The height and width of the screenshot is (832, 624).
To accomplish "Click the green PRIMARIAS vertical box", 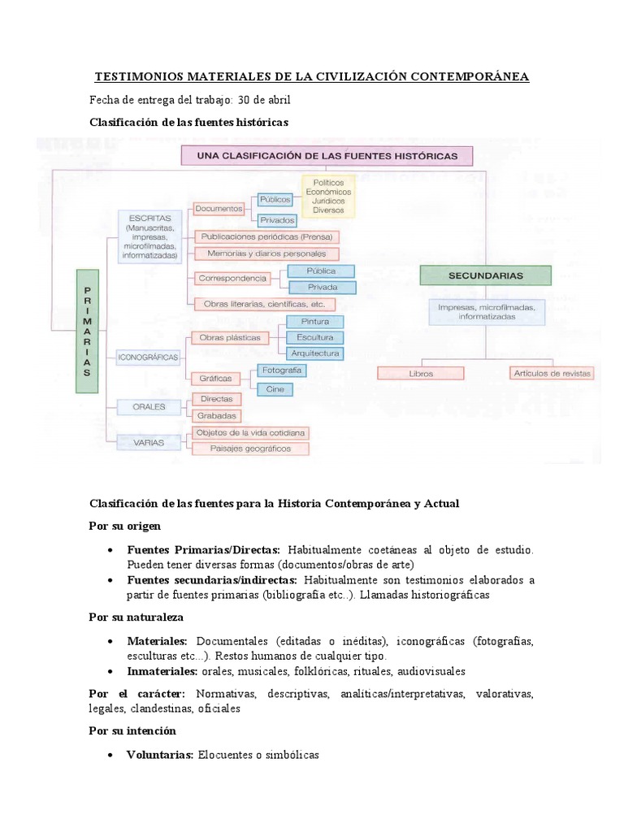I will tap(87, 331).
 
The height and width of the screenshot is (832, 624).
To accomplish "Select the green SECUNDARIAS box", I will tap(485, 275).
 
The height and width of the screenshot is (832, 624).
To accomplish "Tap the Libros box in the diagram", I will tap(421, 373).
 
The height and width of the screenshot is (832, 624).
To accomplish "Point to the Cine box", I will tap(275, 389).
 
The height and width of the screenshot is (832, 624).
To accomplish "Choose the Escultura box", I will tap(314, 337).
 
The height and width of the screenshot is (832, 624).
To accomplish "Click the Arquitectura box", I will tap(314, 353).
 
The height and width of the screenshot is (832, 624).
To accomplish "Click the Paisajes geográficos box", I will tap(250, 448).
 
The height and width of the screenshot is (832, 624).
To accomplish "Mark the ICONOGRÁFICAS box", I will tap(148, 357).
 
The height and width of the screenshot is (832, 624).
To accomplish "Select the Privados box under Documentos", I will tap(277, 220).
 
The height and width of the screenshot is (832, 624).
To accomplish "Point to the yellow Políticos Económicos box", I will tap(328, 196).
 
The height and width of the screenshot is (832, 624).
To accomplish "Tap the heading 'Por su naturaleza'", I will tap(136, 617).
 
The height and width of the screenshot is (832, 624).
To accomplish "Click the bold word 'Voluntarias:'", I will tap(160, 755).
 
